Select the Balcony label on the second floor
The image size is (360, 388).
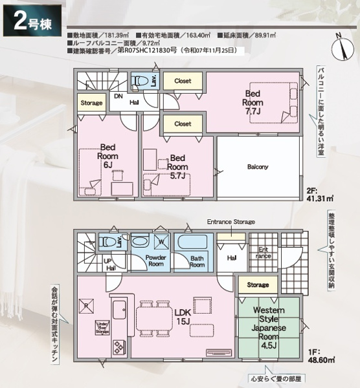pos(257,167)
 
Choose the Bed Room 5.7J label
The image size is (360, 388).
pos(177,166)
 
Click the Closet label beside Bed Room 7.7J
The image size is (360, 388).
pos(183,81)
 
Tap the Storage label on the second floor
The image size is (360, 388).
pos(92,103)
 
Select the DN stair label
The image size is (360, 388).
pos(118,96)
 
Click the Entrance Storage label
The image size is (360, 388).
pos(231,222)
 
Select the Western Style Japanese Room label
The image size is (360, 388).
pos(267,327)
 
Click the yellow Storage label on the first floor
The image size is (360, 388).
pos(257,285)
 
